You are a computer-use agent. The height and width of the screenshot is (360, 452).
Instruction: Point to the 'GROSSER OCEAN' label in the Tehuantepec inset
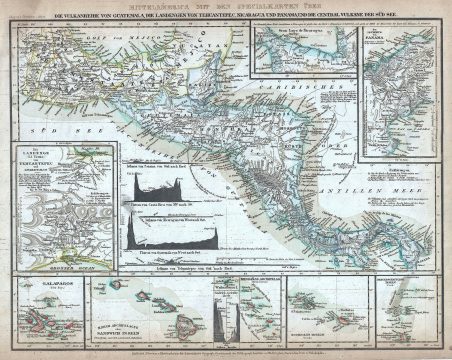(x=63, y=269)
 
